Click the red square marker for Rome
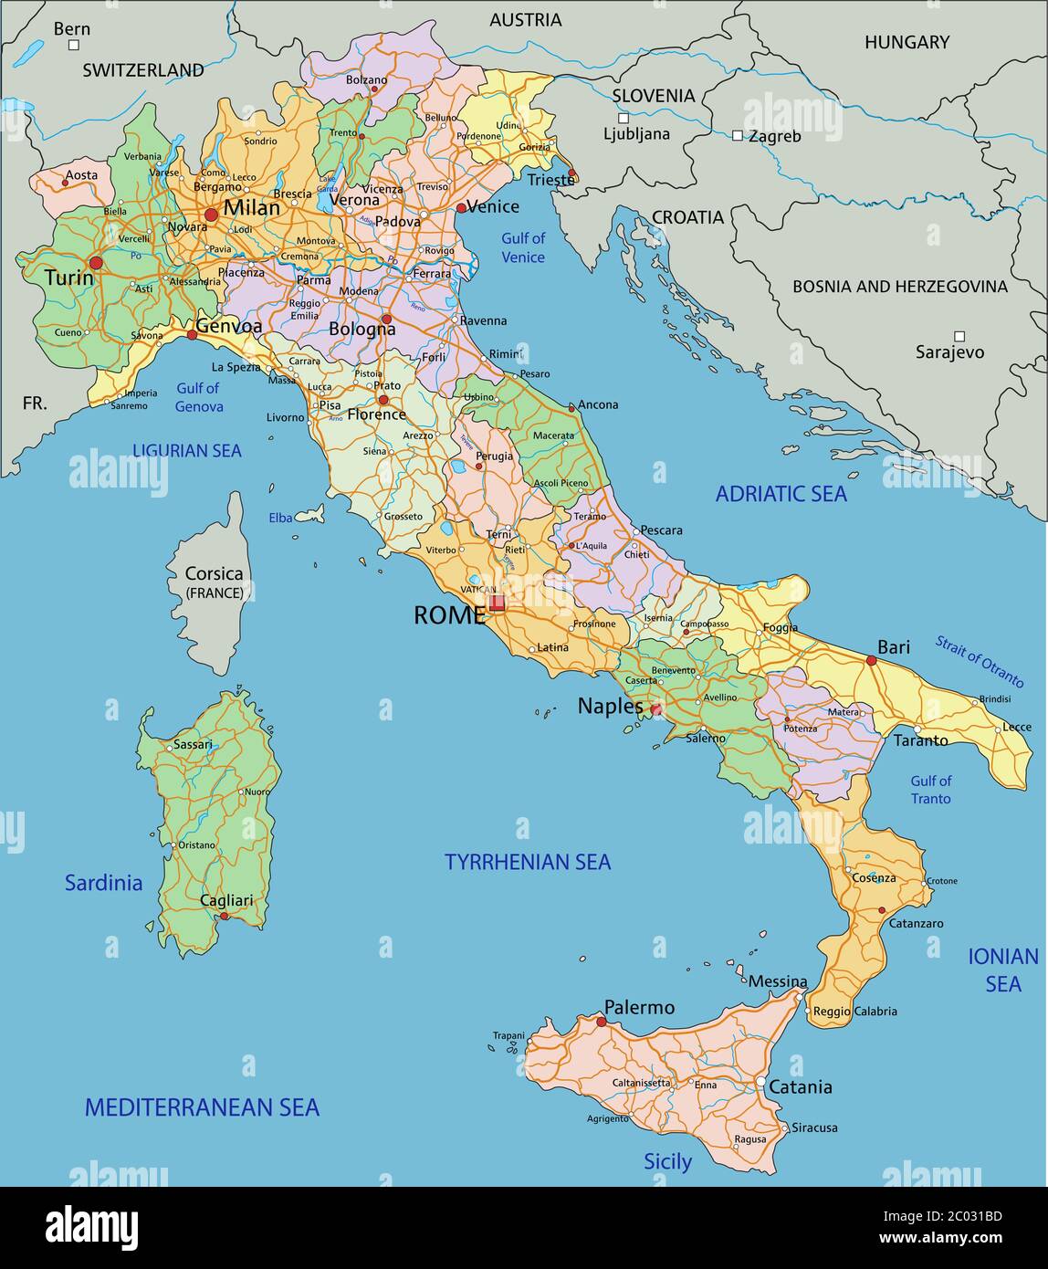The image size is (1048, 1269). coord(497,603)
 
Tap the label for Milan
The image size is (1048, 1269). coord(252,207)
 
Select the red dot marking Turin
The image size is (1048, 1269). coord(96,263)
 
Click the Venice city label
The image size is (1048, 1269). coord(493,206)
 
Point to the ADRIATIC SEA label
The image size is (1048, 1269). coord(781,494)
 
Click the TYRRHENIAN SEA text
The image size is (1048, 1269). coord(528,862)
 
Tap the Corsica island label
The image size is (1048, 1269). coord(215,574)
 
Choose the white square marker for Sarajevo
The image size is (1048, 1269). coord(959,336)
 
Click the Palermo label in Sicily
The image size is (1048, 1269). coord(639,1008)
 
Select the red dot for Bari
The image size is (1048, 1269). coord(871,660)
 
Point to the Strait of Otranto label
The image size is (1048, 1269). coord(979,661)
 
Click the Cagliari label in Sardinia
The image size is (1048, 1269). coord(226,901)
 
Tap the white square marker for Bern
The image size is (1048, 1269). coord(74,45)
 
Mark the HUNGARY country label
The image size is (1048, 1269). coord(907,42)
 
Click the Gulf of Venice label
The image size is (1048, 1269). coord(523,247)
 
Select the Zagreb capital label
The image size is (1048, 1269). coord(774,136)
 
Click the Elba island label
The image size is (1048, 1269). coord(280,518)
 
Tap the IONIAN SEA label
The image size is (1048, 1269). coord(1003,970)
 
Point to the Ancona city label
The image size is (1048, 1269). coord(598,404)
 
